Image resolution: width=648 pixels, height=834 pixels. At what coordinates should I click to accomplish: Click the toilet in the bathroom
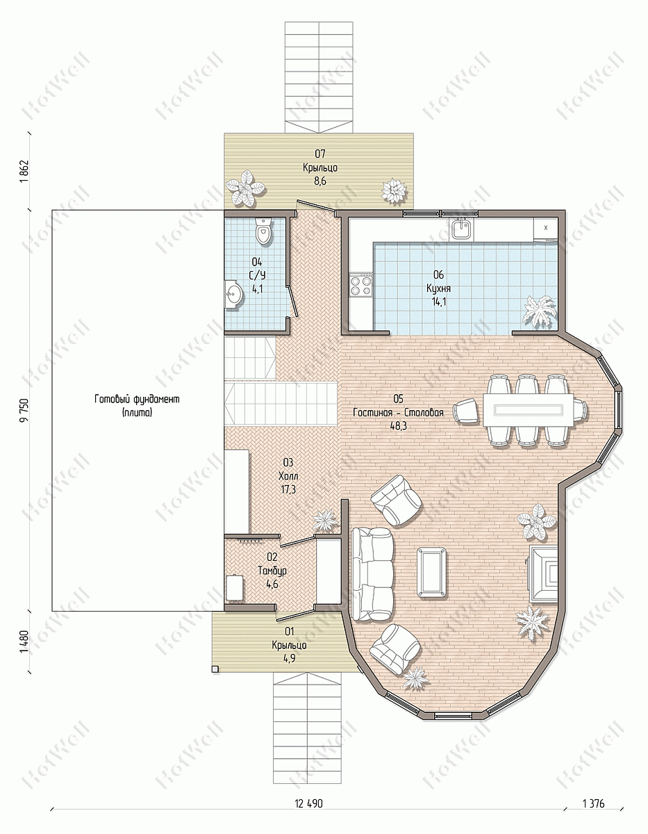264,231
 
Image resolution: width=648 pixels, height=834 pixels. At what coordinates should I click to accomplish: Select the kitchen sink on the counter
461,229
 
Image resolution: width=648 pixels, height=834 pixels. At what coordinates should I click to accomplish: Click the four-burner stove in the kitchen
360,286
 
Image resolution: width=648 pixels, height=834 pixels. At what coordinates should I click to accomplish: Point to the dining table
529,410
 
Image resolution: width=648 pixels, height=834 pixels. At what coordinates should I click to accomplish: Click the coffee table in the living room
432,572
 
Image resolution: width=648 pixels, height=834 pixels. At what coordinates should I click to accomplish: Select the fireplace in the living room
543,574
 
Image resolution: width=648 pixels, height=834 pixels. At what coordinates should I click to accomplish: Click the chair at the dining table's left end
466,411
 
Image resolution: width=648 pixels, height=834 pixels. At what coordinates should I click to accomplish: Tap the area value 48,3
399,425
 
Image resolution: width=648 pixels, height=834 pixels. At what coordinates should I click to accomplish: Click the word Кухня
439,288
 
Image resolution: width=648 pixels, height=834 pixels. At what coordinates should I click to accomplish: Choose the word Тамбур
272,571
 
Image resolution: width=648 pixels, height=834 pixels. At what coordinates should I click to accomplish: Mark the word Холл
288,476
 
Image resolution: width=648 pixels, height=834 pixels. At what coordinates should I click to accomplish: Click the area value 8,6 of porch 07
320,181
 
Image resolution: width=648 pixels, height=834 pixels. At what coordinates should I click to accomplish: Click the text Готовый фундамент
137,399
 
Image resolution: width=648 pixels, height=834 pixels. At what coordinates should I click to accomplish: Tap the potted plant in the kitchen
539,311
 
